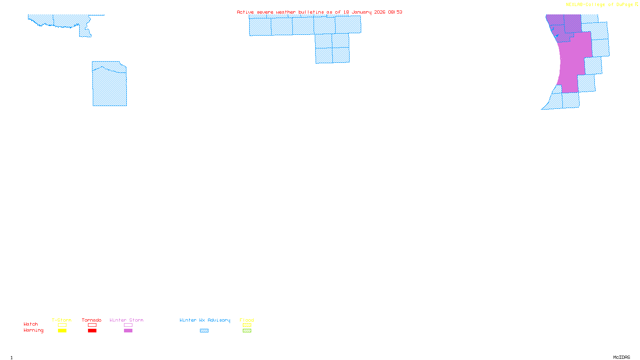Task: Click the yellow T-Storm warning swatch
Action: click(62, 331)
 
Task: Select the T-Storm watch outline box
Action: click(62, 325)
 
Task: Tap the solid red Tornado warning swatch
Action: click(92, 331)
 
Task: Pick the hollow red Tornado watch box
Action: click(92, 325)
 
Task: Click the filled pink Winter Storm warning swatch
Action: click(128, 331)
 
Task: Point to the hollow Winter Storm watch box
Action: click(128, 325)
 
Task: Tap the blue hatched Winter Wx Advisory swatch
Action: click(204, 331)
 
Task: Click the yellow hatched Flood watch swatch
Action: click(247, 325)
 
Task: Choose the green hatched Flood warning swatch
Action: click(247, 331)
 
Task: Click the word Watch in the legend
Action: click(31, 324)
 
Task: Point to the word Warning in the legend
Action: click(33, 330)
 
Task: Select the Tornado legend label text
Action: click(92, 320)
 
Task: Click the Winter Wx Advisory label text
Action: click(205, 320)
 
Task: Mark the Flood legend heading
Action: click(247, 320)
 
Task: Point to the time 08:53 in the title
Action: click(395, 12)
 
